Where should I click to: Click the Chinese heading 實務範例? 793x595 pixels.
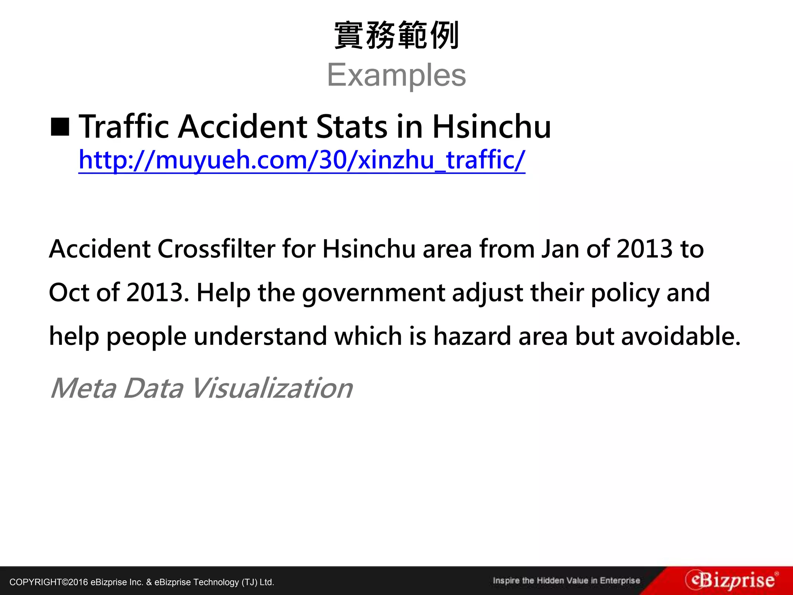tap(396, 36)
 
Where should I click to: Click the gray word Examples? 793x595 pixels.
tap(396, 75)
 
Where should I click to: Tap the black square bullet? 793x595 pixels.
tap(60, 127)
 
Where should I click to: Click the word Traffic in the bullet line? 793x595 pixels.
tap(124, 127)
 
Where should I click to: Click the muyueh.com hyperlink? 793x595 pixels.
tap(302, 160)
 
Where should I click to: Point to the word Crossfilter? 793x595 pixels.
tap(216, 249)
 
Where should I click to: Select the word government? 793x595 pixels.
tap(373, 293)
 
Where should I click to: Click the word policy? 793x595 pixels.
tap(625, 293)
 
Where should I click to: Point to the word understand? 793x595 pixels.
tap(260, 336)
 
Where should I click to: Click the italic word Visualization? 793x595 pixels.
tap(271, 388)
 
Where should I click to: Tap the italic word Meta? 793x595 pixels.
tap(83, 388)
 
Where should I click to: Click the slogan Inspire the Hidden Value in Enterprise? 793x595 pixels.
tap(566, 581)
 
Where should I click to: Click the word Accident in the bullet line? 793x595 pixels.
tap(243, 127)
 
